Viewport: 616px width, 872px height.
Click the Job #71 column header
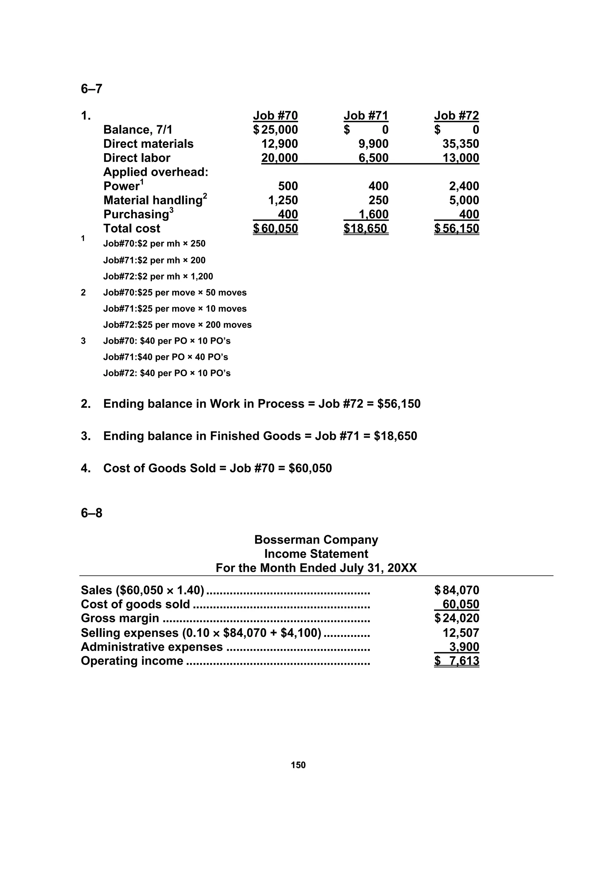coord(365,116)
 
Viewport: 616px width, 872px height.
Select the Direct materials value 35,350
coord(460,144)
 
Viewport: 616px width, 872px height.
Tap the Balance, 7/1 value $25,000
coord(276,130)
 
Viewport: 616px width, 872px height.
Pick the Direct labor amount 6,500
coord(374,158)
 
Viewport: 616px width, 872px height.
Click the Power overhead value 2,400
coord(464,186)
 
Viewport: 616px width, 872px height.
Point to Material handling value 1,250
coord(283,200)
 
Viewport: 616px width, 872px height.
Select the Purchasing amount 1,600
coord(374,214)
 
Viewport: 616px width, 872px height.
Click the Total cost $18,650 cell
coord(365,229)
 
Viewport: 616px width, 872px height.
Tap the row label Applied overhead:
coord(156,172)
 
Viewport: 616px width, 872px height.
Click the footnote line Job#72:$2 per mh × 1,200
coord(158,277)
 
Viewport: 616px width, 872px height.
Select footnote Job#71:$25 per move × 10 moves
coord(174,309)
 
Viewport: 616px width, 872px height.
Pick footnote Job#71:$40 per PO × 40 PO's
coord(165,357)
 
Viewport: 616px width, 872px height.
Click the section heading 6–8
coord(91,513)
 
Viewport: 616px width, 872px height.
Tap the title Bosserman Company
coord(316,540)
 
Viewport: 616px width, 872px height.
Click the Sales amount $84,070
coord(457,590)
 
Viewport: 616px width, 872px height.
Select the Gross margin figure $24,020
coord(457,618)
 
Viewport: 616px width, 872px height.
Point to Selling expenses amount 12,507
coord(460,633)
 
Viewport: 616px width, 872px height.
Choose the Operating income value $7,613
coord(457,661)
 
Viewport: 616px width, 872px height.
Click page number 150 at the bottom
coord(298,765)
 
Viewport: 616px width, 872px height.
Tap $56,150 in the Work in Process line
coord(399,404)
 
